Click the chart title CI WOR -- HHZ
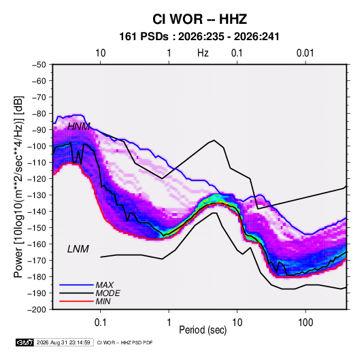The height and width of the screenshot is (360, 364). tap(199, 19)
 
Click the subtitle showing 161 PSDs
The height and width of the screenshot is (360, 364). tap(199, 37)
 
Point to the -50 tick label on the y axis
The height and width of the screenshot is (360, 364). tap(39, 65)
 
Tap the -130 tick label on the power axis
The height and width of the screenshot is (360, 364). tap(37, 195)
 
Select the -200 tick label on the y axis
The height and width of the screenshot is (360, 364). tap(37, 310)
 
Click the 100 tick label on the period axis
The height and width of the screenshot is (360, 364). tap(305, 322)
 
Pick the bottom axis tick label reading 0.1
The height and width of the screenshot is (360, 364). tap(100, 322)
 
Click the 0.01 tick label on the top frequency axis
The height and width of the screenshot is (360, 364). tap(305, 53)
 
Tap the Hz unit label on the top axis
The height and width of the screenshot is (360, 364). tap(203, 53)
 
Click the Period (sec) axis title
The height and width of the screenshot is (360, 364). tap(203, 330)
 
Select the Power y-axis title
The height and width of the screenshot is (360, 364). tap(18, 187)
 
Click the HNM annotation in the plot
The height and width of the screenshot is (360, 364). tap(78, 127)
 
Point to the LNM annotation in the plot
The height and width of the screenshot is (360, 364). tap(78, 249)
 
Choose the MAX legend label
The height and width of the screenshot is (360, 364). tap(105, 284)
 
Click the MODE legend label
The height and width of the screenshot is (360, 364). tap(107, 293)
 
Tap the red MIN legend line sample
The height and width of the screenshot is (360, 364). tap(76, 301)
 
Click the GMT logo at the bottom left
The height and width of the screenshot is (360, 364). tap(25, 342)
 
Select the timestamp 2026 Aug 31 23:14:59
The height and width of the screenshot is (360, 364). tap(63, 342)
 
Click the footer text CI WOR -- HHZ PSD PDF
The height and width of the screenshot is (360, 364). tap(125, 342)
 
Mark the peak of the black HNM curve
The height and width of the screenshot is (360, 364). tap(214, 140)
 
